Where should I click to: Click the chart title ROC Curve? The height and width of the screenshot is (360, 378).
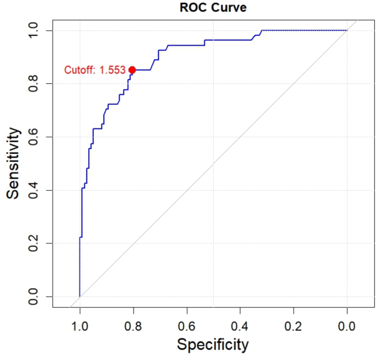[213, 8]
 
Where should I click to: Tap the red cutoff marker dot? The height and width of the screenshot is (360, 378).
[132, 70]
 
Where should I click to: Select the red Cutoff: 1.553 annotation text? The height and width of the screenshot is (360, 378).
[95, 70]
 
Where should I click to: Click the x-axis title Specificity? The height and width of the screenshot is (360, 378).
[212, 345]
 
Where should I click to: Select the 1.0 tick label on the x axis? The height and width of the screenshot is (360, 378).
[80, 326]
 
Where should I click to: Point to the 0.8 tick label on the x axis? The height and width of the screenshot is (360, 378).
[134, 326]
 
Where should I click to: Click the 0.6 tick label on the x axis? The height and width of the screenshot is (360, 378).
[187, 326]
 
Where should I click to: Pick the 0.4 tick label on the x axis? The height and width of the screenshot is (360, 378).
[240, 326]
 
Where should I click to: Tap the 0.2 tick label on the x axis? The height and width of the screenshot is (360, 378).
[294, 326]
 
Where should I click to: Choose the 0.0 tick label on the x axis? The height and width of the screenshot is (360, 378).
[347, 326]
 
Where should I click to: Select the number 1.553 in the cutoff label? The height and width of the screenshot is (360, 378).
[113, 70]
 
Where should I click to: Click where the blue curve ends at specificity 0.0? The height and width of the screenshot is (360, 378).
[347, 30]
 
